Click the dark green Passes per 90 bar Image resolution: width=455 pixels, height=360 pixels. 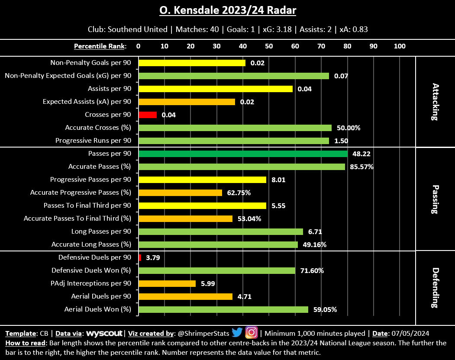[243, 154]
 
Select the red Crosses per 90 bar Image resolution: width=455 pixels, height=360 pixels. [148, 115]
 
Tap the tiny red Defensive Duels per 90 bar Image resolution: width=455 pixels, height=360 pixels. [140, 257]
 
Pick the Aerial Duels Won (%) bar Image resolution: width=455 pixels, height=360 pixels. [223, 309]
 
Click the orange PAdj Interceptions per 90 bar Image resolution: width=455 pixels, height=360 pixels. [167, 283]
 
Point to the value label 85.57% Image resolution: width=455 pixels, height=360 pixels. [362, 167]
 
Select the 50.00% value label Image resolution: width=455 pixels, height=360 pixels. [349, 128]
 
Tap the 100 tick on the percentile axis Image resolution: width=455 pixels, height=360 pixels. [399, 46]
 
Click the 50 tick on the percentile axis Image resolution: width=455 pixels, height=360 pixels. [269, 46]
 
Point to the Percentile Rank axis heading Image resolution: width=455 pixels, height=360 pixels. [100, 46]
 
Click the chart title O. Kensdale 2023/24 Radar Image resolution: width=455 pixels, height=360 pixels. [228, 10]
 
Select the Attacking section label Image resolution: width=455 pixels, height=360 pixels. [435, 102]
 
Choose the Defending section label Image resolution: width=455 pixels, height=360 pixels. [435, 288]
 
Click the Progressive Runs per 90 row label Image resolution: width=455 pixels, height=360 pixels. [93, 141]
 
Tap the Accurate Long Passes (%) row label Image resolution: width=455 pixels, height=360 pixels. [91, 244]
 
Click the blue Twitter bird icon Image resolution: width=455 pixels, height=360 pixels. [237, 332]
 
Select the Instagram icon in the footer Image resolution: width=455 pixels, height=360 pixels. [251, 332]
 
